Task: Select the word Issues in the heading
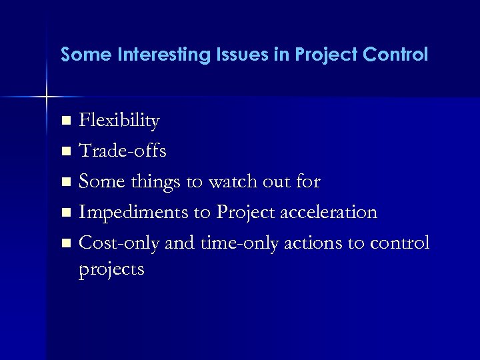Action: (x=239, y=55)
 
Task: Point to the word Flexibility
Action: (x=119, y=121)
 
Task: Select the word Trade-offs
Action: (x=123, y=151)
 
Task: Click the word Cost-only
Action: (x=119, y=243)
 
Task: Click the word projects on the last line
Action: (x=111, y=269)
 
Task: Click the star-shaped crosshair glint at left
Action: (x=47, y=97)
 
